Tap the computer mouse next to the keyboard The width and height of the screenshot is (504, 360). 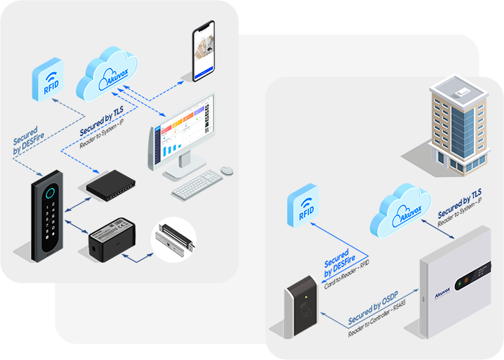point(227,171)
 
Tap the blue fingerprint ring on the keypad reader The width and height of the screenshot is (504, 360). point(49,192)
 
